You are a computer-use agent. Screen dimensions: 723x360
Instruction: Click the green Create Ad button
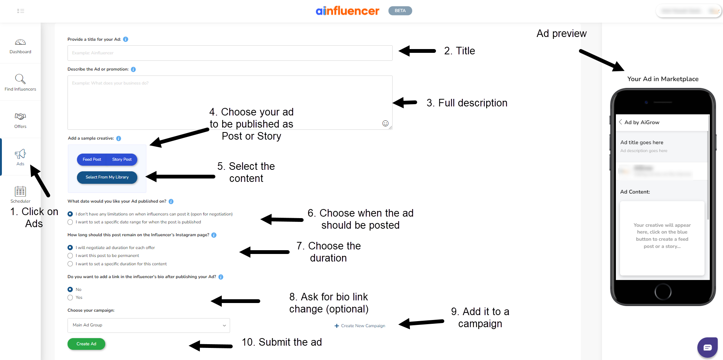(86, 344)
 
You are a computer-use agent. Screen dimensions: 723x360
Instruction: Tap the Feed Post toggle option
(92, 159)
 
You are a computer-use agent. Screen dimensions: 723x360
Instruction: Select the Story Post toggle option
(122, 159)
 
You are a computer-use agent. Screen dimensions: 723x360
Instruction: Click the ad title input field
(230, 53)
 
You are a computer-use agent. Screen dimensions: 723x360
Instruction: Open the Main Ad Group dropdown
(149, 325)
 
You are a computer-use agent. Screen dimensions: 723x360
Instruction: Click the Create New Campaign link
(360, 326)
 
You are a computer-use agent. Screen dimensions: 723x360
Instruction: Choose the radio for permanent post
(70, 256)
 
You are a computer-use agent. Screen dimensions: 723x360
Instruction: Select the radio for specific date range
(70, 222)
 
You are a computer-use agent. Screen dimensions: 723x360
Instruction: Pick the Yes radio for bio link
(70, 298)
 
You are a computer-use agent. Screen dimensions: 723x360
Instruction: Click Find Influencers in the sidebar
(20, 82)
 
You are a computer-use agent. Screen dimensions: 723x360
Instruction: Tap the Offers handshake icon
(20, 116)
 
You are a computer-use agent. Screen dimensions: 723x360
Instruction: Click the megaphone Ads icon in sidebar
(20, 154)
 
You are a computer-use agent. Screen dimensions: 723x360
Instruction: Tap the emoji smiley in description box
(385, 123)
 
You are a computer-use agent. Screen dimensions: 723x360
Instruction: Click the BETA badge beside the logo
(400, 11)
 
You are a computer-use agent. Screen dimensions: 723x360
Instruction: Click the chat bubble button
(707, 347)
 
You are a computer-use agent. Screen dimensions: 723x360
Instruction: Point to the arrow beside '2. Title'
(417, 51)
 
